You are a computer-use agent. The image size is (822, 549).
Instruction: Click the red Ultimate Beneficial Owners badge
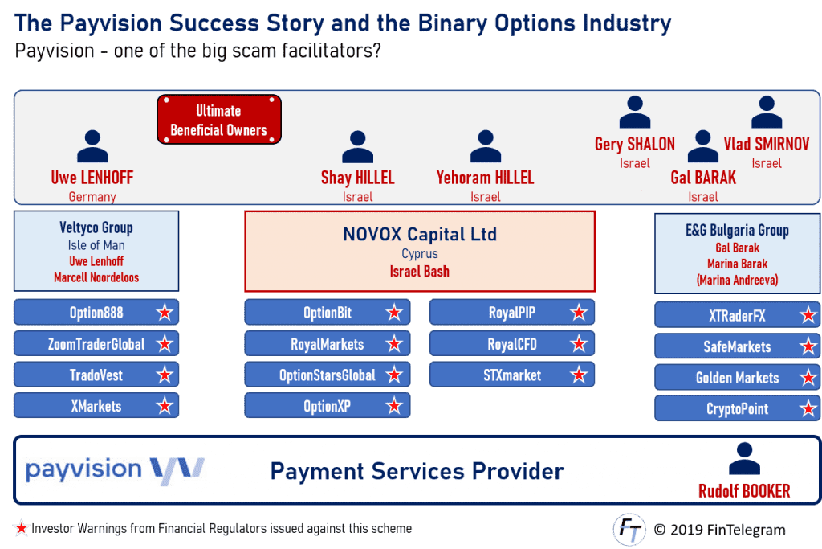click(x=218, y=120)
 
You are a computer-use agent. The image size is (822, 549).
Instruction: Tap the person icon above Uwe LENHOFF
click(x=92, y=147)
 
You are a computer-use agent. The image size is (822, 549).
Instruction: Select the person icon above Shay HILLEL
click(x=357, y=147)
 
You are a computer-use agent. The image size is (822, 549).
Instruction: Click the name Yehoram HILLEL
click(x=485, y=178)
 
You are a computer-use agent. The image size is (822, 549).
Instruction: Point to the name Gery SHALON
click(x=634, y=145)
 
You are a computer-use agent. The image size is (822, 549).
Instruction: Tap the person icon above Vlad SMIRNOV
click(x=767, y=113)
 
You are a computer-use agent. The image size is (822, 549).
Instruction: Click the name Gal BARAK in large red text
click(x=703, y=178)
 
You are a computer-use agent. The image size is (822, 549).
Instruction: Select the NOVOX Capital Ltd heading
click(x=420, y=235)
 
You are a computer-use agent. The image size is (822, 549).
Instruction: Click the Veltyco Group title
click(x=96, y=228)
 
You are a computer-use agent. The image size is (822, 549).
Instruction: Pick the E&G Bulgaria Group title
click(x=737, y=230)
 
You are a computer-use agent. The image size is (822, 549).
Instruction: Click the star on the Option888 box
click(x=165, y=313)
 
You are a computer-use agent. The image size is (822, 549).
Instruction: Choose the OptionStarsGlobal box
click(x=327, y=375)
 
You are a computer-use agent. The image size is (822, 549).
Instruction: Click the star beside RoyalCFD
click(x=579, y=344)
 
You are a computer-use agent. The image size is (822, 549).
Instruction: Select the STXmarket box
click(x=512, y=375)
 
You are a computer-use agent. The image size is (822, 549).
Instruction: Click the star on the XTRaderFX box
click(x=808, y=316)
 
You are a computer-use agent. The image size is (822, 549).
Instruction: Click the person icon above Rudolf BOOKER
click(x=743, y=459)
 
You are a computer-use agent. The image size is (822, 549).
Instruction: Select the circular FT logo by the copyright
click(x=629, y=530)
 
